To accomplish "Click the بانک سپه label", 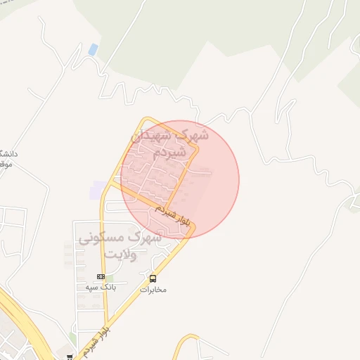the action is click(x=101, y=288).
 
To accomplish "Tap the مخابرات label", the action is click(x=153, y=289).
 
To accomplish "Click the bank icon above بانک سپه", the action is click(x=101, y=276).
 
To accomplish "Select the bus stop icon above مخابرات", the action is click(x=153, y=278).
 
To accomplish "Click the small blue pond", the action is click(x=94, y=49).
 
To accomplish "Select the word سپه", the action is click(x=91, y=288).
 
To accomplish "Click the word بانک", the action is click(x=108, y=288).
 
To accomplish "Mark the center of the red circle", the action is click(x=180, y=179).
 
